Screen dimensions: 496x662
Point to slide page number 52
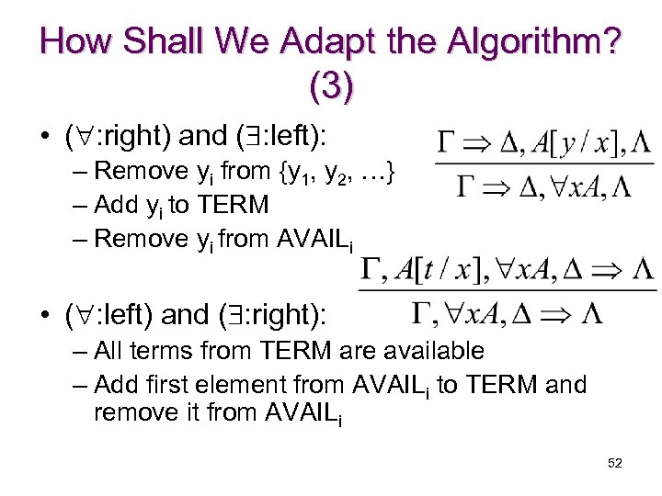pos(615,463)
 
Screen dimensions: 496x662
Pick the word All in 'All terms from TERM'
pos(108,350)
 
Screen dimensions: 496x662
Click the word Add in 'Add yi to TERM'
pos(114,204)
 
